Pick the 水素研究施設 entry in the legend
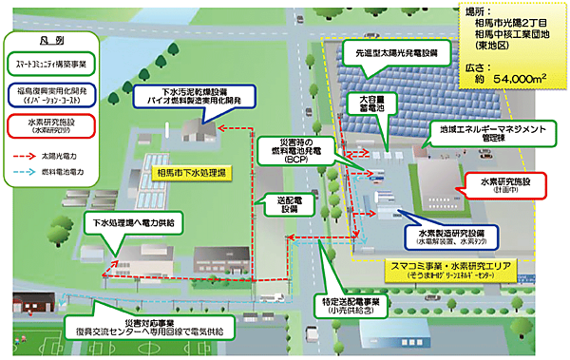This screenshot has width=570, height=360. [45, 125]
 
